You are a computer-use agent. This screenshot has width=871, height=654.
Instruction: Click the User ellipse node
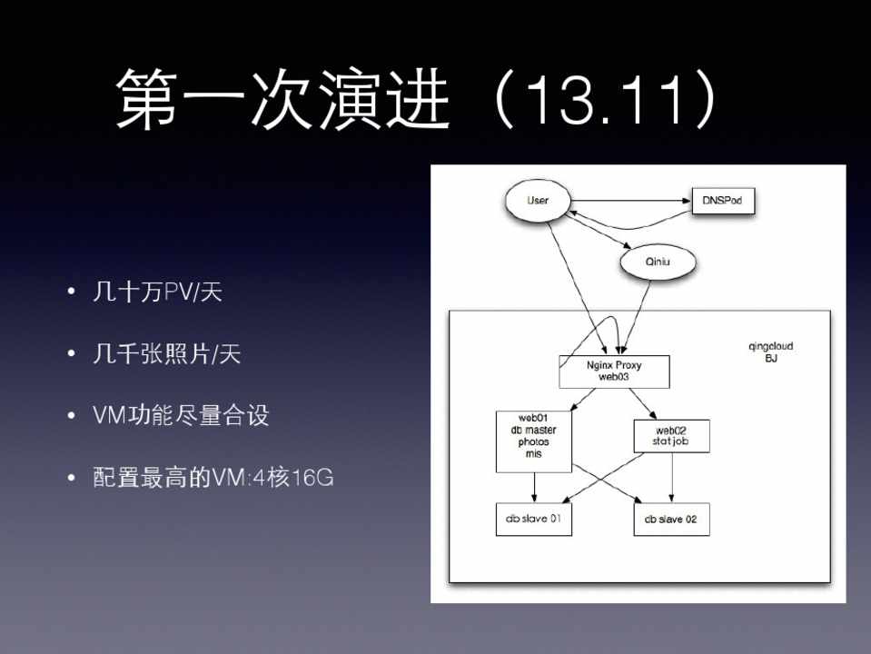pos(538,199)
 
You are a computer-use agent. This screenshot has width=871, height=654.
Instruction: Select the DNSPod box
pos(723,200)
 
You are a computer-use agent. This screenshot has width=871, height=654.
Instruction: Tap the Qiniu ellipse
pos(657,262)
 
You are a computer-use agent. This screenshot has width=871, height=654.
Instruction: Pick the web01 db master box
pos(533,441)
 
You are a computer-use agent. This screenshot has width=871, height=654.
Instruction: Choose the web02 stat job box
pos(671,436)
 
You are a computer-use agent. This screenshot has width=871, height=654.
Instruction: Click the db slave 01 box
pos(533,520)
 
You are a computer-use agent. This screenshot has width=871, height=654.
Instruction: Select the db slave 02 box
pos(671,520)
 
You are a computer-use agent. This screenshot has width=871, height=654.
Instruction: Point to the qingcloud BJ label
pos(770,352)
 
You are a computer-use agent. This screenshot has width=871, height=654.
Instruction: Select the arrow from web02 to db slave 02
pos(672,477)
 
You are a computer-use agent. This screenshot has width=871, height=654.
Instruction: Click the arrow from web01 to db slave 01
pos(534,486)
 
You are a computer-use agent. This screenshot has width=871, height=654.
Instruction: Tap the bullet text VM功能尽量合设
pos(181,415)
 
